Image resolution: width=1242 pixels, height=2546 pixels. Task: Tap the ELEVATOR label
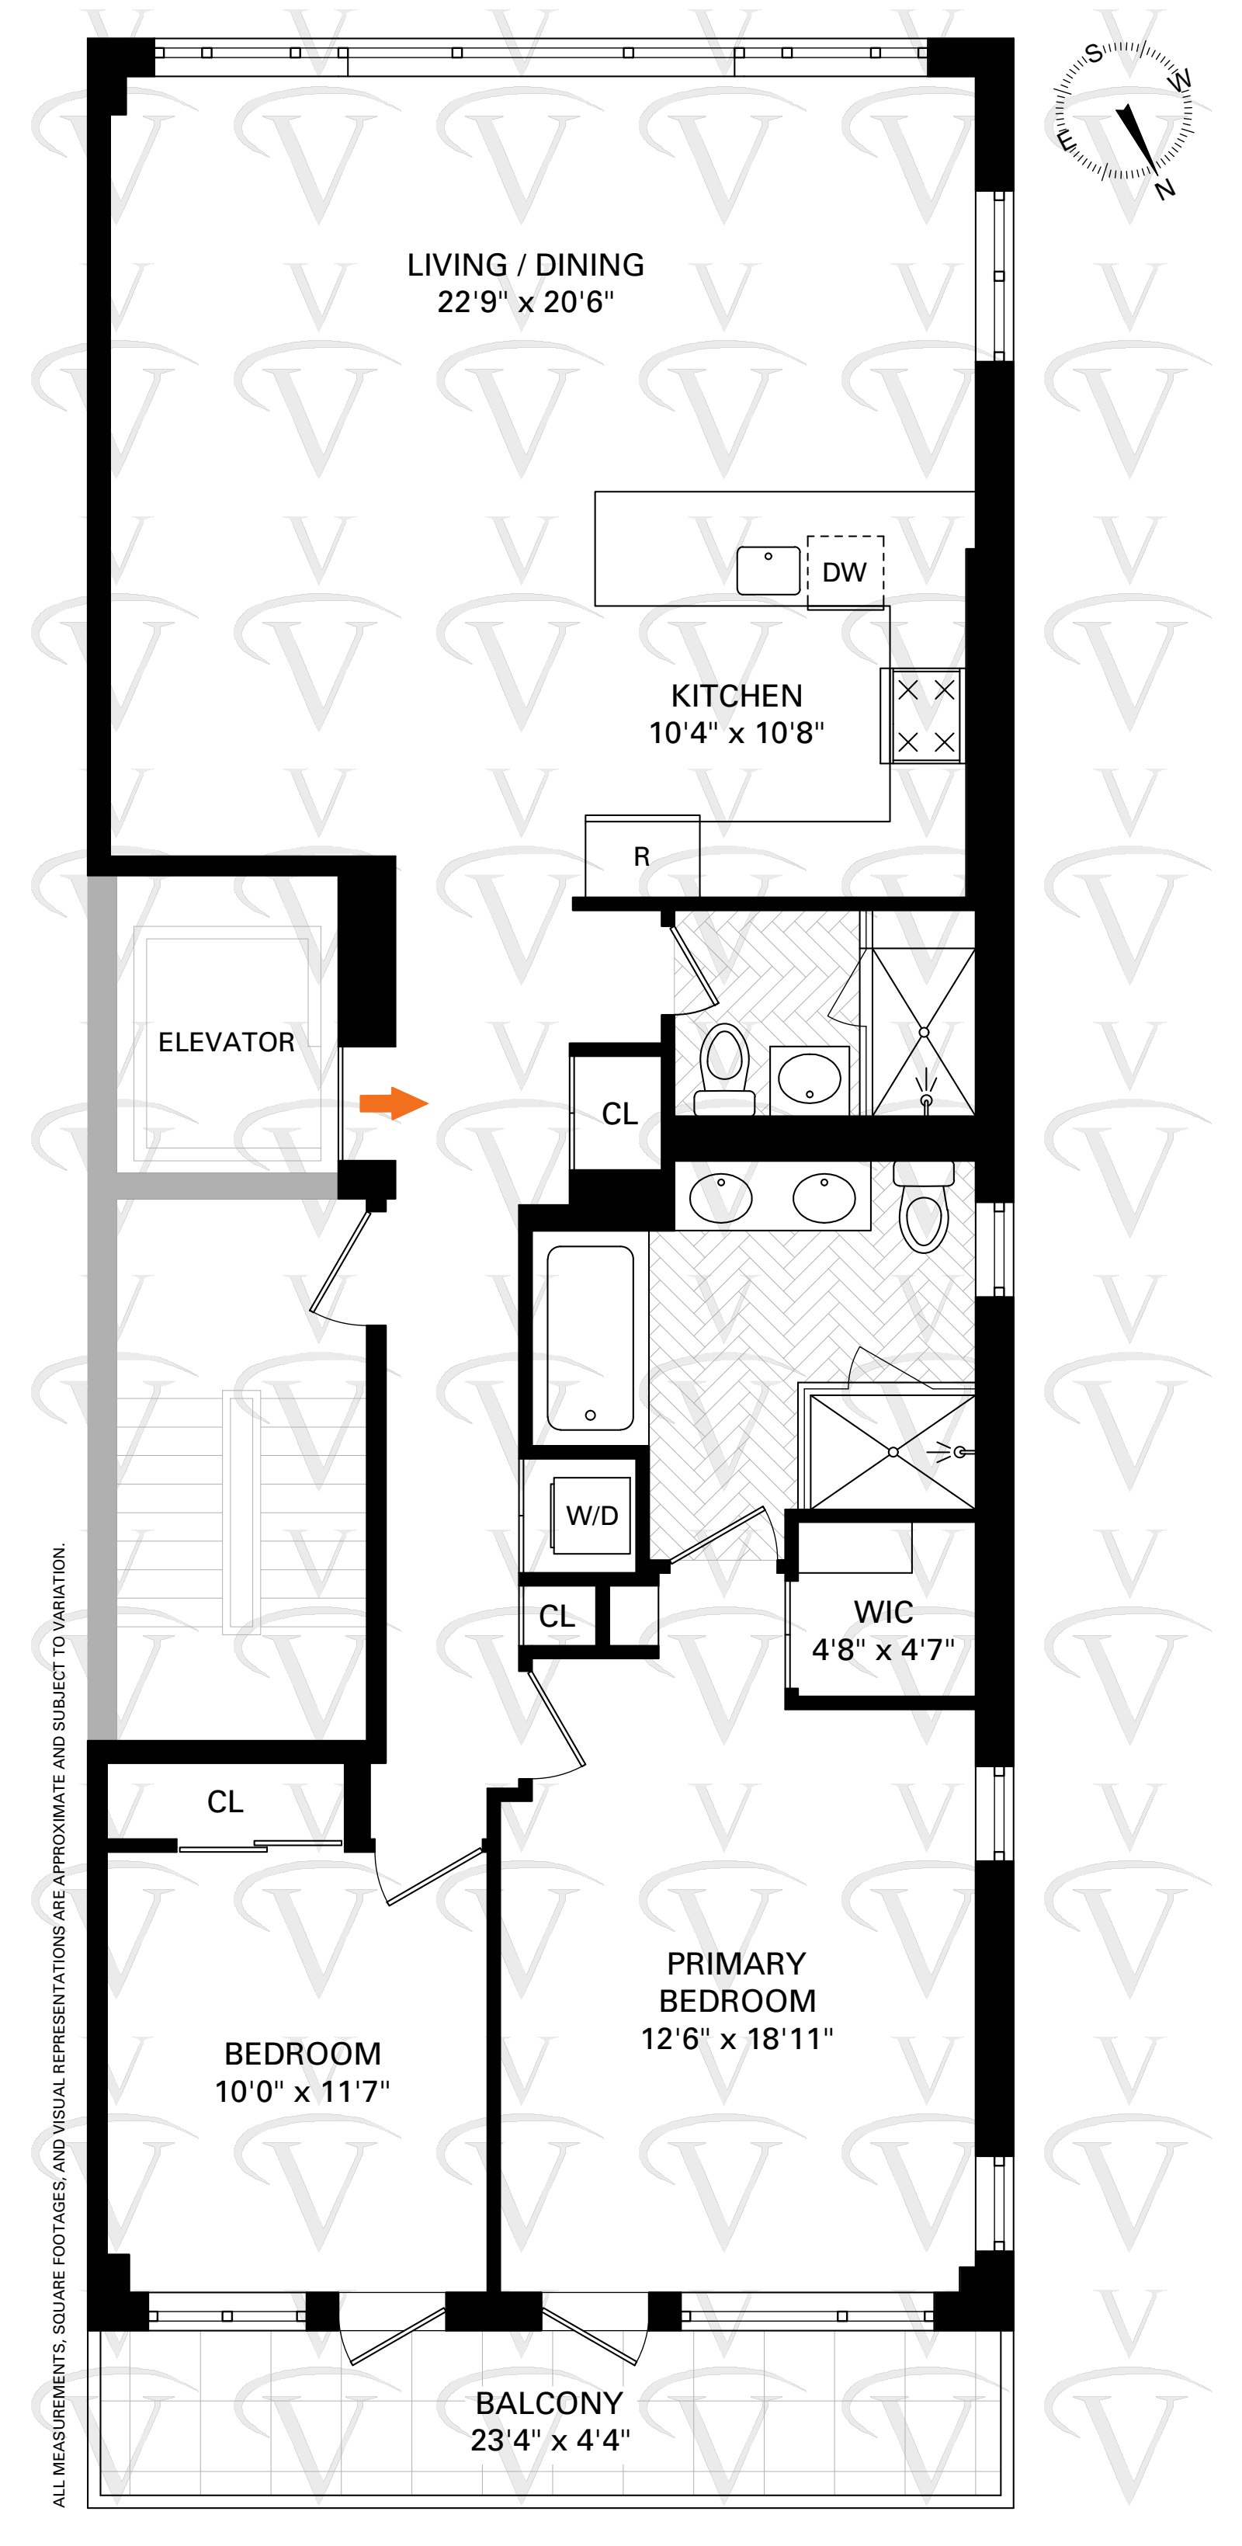tap(226, 1042)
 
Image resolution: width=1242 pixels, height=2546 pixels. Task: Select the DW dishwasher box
tap(845, 572)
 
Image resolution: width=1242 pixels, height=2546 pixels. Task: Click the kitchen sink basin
tap(768, 570)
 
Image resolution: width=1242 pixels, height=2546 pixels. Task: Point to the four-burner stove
tap(925, 717)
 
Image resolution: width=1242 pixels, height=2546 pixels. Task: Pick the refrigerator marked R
tap(642, 856)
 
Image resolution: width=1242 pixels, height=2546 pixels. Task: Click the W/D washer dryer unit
tap(591, 1515)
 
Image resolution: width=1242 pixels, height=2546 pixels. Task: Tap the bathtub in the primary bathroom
tap(590, 1337)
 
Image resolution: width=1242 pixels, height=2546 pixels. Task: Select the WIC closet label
tap(883, 1612)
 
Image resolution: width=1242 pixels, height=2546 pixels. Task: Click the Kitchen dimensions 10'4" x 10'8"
tap(736, 732)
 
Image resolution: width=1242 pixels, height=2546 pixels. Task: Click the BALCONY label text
tap(550, 2402)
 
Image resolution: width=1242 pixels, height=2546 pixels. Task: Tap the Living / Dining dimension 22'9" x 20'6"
tap(526, 301)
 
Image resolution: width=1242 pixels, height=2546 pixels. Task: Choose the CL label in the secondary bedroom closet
tap(225, 1802)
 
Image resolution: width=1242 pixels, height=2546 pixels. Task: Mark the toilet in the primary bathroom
tap(924, 1210)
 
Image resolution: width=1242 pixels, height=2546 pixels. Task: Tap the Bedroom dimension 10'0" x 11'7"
tap(302, 2091)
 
